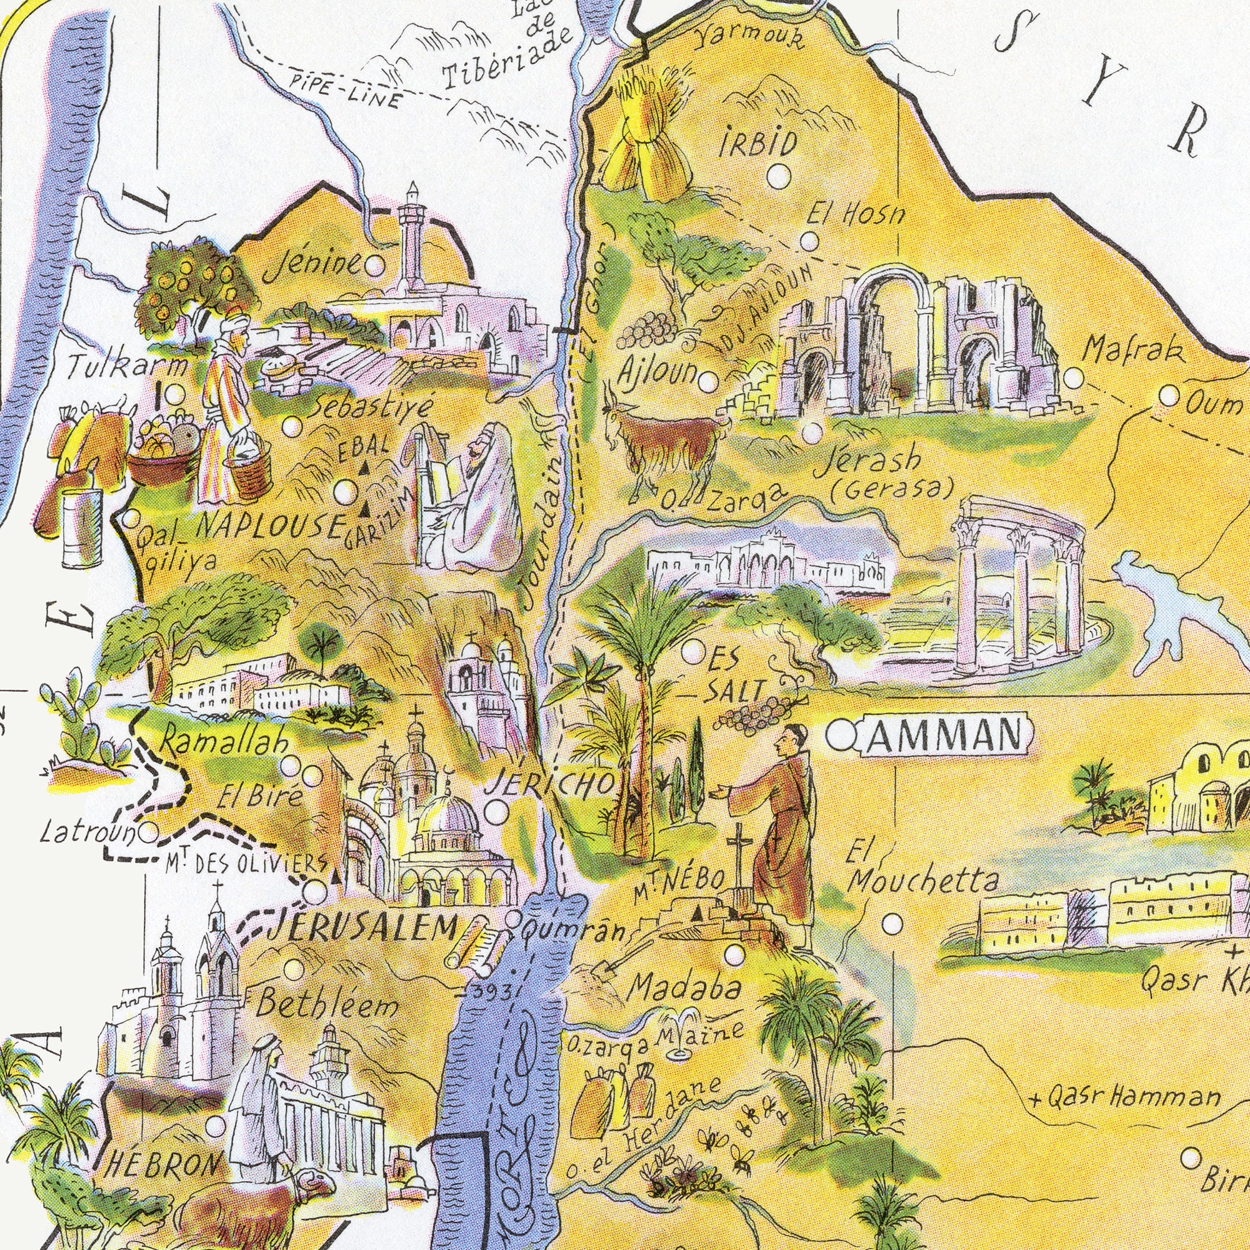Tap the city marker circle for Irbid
[x=779, y=176]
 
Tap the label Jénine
[x=313, y=265]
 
